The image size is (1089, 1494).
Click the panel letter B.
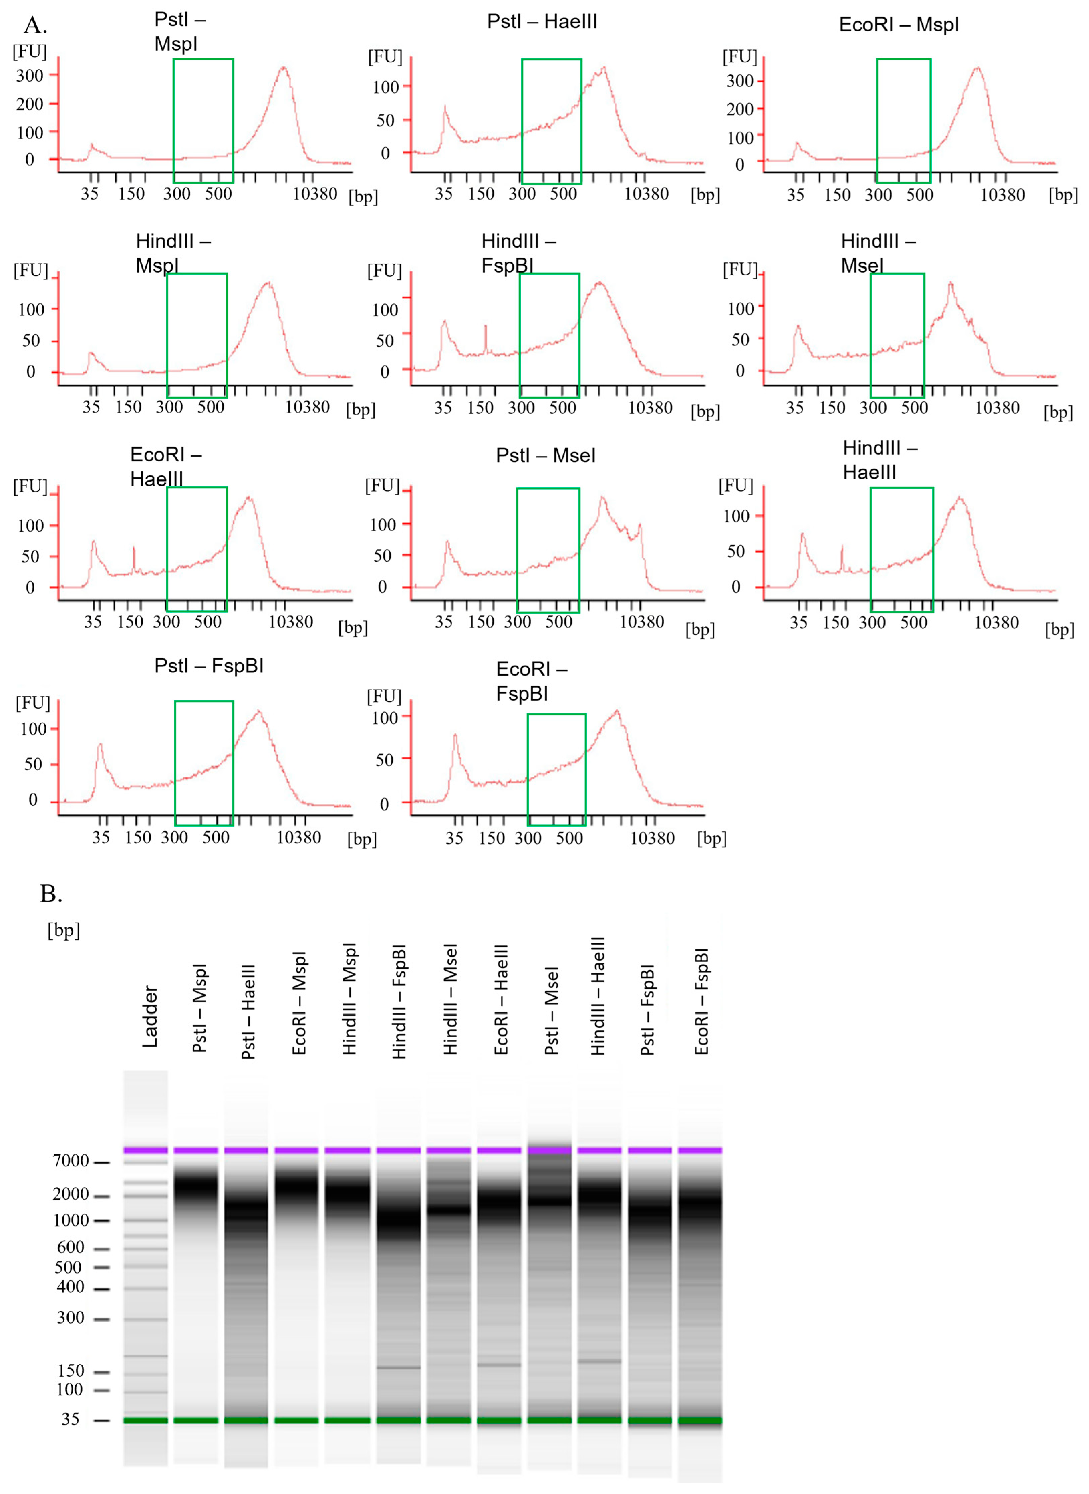(51, 894)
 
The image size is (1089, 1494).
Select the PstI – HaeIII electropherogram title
(542, 22)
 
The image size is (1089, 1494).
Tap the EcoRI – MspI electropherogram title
(899, 25)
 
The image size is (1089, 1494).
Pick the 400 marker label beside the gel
(71, 1287)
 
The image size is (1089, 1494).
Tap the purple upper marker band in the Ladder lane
(146, 1150)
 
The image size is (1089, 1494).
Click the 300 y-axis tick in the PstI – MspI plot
(30, 75)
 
